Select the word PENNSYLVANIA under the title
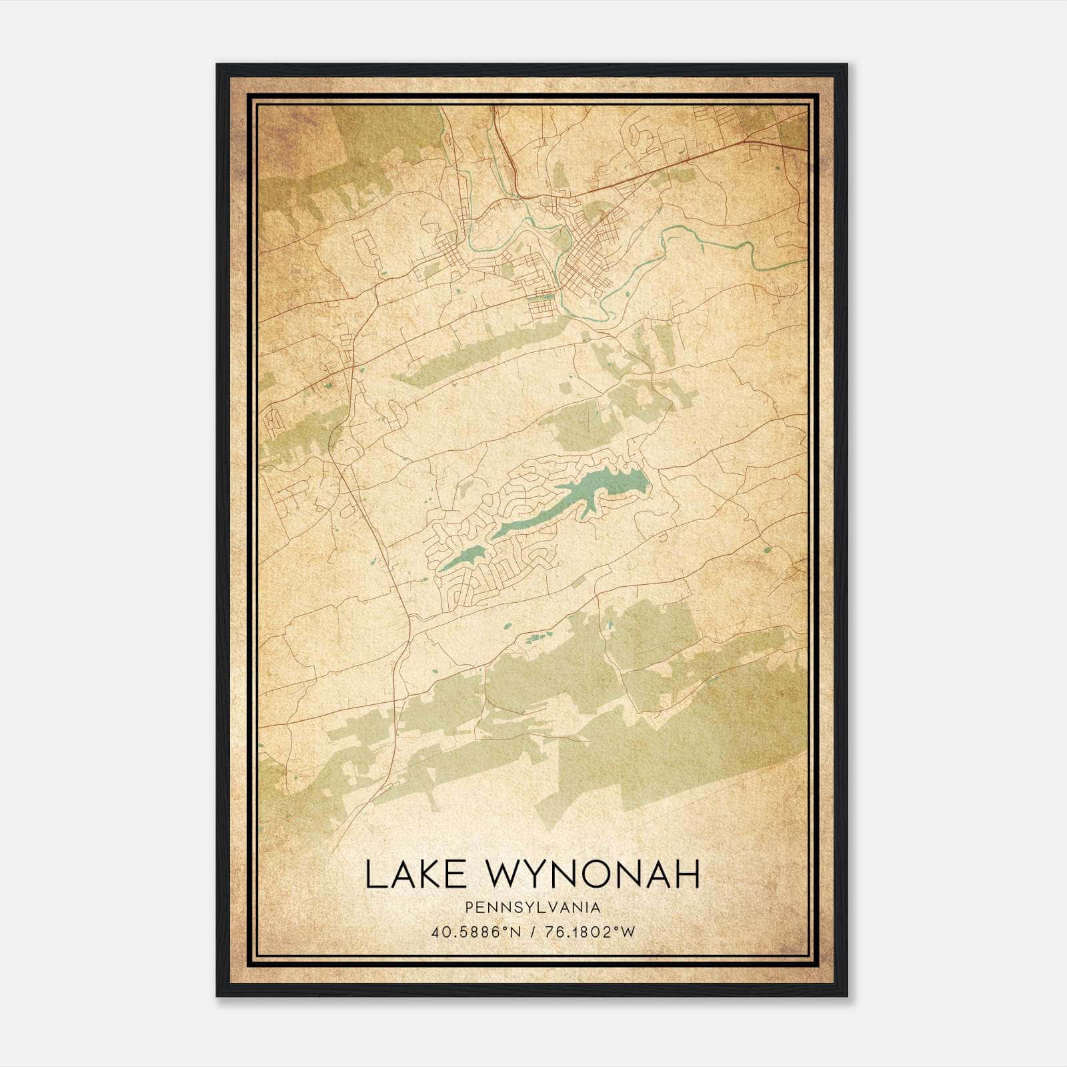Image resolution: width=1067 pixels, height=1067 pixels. click(533, 908)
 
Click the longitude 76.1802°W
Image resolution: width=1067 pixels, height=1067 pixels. click(588, 932)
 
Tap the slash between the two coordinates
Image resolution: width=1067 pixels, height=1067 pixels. click(531, 932)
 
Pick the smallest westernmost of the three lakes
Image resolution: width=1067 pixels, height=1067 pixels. click(463, 558)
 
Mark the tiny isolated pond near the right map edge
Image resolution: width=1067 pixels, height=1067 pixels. click(767, 550)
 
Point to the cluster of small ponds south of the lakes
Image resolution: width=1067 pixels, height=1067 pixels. click(533, 639)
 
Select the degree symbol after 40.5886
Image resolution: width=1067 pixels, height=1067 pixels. click(495, 928)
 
